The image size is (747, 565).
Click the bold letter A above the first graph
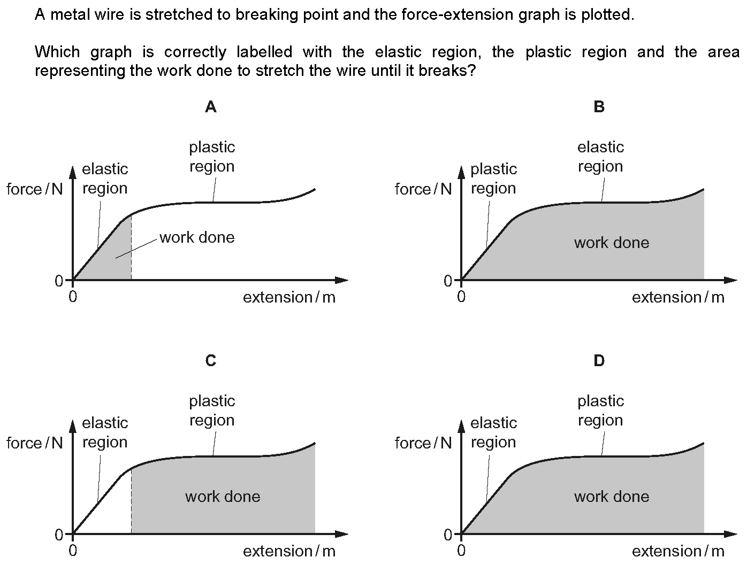[x=211, y=107]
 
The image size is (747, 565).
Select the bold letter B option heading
[x=599, y=107]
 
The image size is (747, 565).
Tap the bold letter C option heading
[x=211, y=361]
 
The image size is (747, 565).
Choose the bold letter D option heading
[x=599, y=361]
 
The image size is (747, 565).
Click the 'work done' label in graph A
[x=197, y=237]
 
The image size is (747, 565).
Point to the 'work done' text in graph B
[x=612, y=243]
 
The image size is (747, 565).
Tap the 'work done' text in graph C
[x=223, y=497]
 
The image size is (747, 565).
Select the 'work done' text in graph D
[x=612, y=497]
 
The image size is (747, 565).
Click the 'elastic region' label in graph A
[x=105, y=179]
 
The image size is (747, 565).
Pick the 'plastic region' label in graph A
[x=212, y=157]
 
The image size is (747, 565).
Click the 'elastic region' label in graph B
[x=601, y=157]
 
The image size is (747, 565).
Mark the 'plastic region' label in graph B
[x=493, y=179]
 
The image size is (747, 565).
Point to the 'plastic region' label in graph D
[x=601, y=411]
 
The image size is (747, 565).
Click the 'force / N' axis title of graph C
[x=35, y=443]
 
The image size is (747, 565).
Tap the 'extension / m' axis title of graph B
[x=678, y=297]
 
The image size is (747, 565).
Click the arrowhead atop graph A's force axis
[x=72, y=172]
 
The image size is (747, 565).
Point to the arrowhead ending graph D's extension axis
[x=730, y=534]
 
